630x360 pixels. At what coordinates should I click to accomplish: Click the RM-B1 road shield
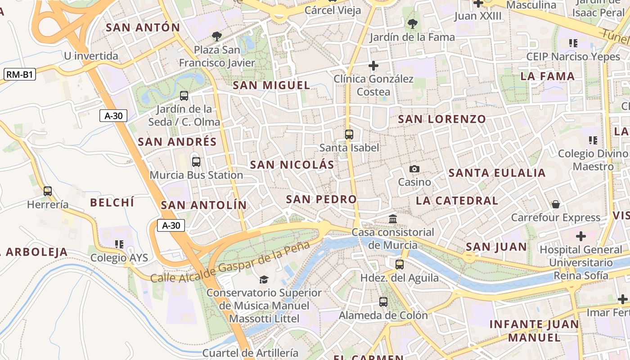[x=20, y=75]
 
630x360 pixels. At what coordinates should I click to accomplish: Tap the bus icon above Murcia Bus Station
[x=196, y=162]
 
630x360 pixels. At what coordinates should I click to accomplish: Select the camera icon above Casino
[x=414, y=169]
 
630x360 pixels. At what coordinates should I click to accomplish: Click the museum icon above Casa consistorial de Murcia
[x=393, y=219]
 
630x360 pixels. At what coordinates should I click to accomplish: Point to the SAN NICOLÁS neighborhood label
[x=292, y=165]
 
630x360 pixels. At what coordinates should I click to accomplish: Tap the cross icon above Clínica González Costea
[x=373, y=66]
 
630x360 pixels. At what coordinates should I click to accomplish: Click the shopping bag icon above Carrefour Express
[x=556, y=204]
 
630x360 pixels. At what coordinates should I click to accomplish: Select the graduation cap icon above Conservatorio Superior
[x=264, y=279]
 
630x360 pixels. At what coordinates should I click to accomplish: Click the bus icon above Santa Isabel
[x=349, y=134]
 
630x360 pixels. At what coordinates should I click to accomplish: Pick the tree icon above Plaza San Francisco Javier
[x=217, y=36]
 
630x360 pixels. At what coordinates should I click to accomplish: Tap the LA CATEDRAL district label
[x=457, y=201]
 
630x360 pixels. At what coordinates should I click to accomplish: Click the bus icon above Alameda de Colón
[x=383, y=302]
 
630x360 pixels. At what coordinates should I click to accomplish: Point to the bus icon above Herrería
[x=48, y=191]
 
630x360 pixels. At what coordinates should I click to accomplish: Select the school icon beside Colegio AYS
[x=119, y=244]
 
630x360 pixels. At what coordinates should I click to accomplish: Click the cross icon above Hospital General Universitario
[x=581, y=236]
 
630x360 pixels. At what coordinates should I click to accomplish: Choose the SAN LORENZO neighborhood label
[x=442, y=119]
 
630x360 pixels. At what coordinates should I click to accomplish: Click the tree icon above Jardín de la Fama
[x=412, y=24]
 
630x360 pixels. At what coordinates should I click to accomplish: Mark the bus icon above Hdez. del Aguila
[x=400, y=265]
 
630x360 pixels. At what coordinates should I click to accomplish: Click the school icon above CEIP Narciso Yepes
[x=573, y=43]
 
